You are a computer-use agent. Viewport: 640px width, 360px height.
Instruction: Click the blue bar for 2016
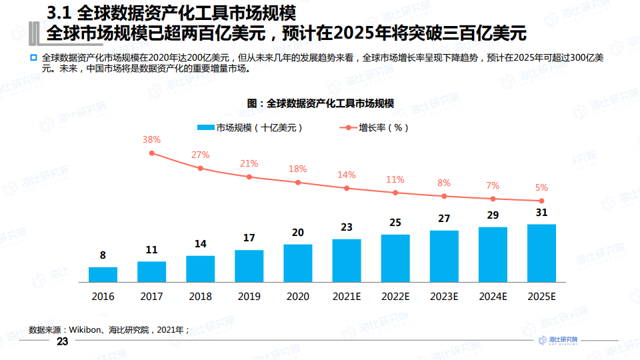pos(103,275)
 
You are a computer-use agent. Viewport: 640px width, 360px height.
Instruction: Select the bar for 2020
pos(298,263)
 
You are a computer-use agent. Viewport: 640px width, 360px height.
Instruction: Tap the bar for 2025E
pos(541,253)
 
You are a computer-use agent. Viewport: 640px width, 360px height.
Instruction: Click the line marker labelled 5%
pos(541,201)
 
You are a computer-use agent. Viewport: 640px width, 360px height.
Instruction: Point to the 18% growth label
pos(297,169)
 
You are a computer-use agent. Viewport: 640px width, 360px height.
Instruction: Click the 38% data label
pos(151,139)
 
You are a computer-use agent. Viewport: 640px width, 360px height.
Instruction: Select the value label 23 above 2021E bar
pos(347,227)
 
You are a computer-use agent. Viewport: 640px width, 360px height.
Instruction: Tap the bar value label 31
pos(541,212)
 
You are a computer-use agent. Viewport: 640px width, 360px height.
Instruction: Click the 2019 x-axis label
pos(249,296)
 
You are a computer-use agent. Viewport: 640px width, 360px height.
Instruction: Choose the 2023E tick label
pos(444,296)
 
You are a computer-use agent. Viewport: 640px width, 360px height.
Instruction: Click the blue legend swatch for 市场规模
pos(206,127)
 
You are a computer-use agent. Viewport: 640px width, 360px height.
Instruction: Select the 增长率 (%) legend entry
pos(374,128)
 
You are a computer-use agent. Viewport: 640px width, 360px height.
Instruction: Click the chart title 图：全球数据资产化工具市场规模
pos(321,103)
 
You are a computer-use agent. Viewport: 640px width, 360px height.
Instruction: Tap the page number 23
pos(62,341)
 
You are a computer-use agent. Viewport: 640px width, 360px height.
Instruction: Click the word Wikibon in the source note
pos(85,330)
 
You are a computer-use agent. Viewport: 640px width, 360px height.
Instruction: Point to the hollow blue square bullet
pos(33,58)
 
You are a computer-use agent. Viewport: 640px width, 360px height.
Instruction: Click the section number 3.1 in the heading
pos(59,13)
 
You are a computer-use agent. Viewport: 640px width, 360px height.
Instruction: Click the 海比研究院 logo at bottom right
pos(558,341)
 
